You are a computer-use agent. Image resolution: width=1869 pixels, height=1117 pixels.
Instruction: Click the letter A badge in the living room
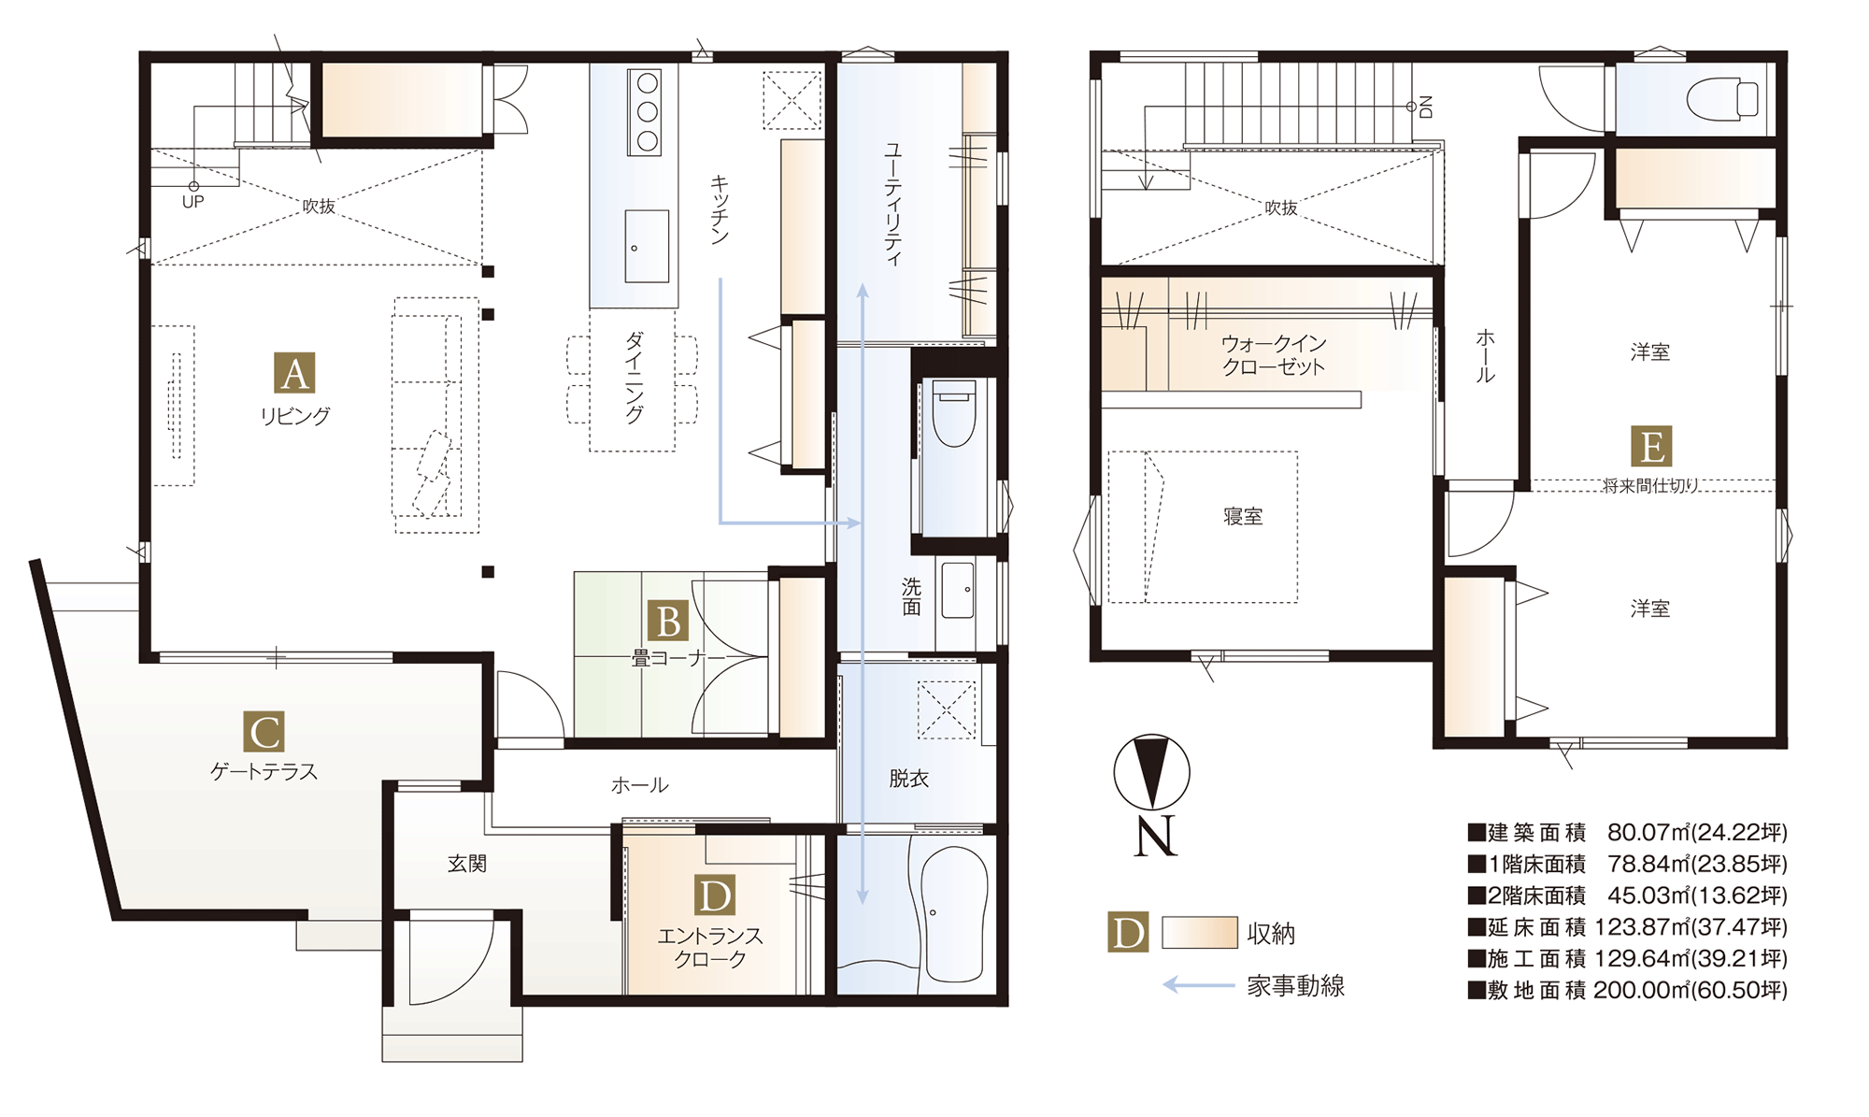pyautogui.click(x=294, y=373)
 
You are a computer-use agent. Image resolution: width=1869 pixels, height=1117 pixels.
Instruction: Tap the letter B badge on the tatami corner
pyautogui.click(x=668, y=622)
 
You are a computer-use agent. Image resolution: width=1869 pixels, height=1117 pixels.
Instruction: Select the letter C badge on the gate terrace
pyautogui.click(x=264, y=732)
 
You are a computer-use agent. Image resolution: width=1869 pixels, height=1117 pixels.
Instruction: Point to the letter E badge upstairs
pyautogui.click(x=1651, y=447)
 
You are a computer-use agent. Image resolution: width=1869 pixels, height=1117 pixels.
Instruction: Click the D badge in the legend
pyautogui.click(x=1128, y=932)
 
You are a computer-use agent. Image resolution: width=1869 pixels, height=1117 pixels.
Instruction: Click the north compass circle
pyautogui.click(x=1151, y=772)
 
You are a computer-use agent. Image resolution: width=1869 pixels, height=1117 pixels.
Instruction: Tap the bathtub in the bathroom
pyautogui.click(x=954, y=915)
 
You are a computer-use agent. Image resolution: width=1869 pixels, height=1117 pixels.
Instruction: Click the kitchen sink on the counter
pyautogui.click(x=647, y=246)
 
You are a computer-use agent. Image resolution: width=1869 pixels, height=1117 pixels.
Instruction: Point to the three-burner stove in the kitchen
pyautogui.click(x=645, y=112)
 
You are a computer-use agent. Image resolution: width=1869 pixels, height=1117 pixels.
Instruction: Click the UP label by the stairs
pyautogui.click(x=193, y=202)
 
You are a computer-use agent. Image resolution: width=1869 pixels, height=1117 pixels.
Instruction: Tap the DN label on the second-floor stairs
pyautogui.click(x=1425, y=107)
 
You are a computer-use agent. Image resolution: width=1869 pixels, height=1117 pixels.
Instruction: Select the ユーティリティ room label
pyautogui.click(x=893, y=204)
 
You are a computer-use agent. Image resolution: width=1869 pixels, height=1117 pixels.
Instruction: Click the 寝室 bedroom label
pyautogui.click(x=1243, y=517)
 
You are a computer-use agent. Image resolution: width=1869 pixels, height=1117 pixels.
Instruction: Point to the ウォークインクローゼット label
pyautogui.click(x=1274, y=355)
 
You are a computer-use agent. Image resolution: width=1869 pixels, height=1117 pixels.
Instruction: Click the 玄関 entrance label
pyautogui.click(x=466, y=864)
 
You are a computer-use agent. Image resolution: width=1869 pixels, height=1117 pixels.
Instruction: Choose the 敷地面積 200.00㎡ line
pyautogui.click(x=1628, y=990)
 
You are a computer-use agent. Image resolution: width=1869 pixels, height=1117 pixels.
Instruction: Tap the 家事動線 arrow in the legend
pyautogui.click(x=1199, y=984)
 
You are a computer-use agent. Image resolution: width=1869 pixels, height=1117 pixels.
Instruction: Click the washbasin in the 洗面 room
pyautogui.click(x=958, y=590)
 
